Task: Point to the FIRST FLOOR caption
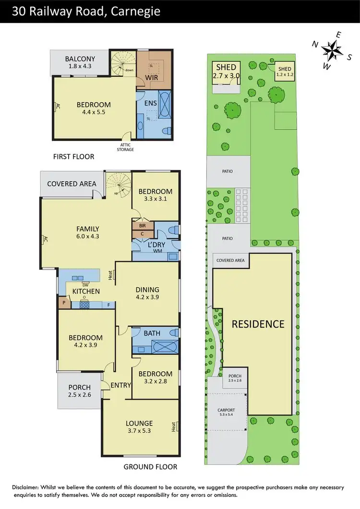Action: tap(74, 156)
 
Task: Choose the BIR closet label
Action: tap(142, 225)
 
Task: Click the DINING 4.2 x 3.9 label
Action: tap(147, 293)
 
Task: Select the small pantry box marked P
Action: tap(63, 303)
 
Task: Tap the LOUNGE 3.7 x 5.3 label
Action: tap(139, 427)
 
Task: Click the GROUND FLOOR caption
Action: tap(150, 466)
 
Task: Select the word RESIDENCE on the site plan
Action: tap(258, 324)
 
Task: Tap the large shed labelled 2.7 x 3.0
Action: tap(226, 71)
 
